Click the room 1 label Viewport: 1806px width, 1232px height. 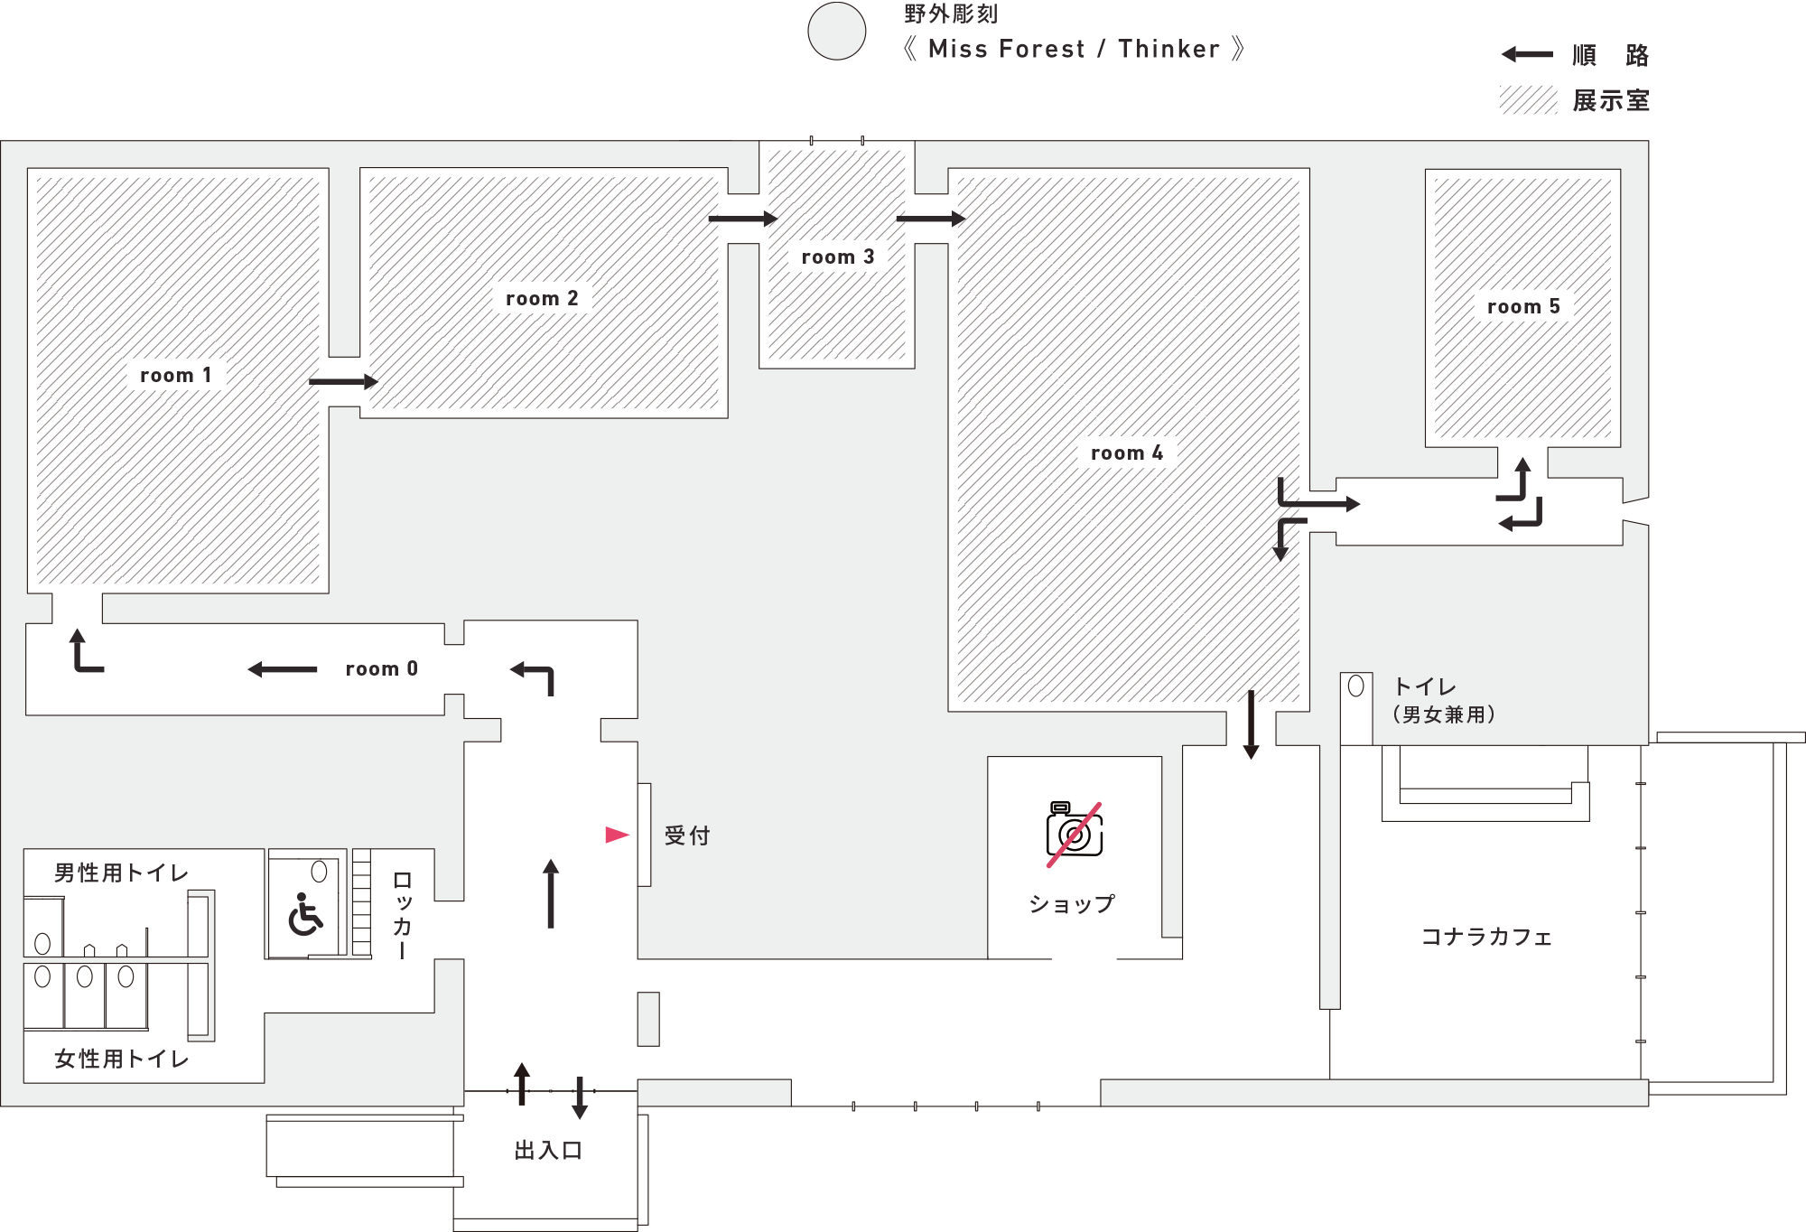coord(176,375)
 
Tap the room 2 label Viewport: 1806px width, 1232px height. coord(542,298)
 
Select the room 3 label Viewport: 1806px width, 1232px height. coord(838,257)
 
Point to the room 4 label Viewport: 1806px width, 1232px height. coord(1127,453)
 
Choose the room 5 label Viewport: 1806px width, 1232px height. coord(1523,306)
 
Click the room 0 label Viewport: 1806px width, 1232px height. coord(382,668)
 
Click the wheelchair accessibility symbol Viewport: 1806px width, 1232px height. coord(305,914)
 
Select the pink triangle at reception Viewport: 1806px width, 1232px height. coord(617,835)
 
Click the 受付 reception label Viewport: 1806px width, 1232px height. coord(687,835)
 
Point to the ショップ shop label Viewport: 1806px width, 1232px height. coord(1073,904)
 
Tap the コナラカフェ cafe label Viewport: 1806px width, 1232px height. coord(1486,937)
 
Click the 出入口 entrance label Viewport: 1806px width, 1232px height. coord(548,1150)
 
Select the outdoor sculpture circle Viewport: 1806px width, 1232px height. coord(837,31)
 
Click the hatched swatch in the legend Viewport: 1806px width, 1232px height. coord(1528,100)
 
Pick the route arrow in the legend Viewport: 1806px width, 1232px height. coord(1527,54)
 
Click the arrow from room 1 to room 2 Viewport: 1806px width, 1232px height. coord(343,381)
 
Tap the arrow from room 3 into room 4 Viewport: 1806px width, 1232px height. coord(931,218)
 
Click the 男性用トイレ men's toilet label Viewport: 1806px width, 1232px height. coord(121,873)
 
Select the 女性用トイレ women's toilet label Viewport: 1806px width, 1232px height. coord(121,1059)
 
